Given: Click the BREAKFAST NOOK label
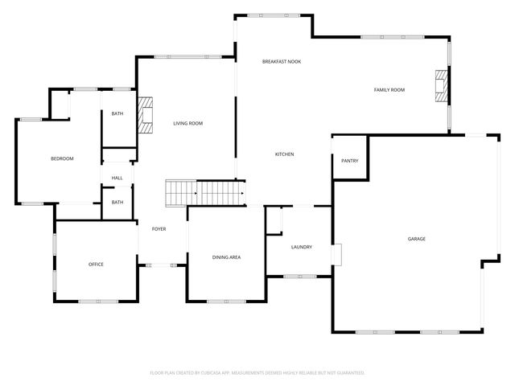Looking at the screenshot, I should click(281, 62).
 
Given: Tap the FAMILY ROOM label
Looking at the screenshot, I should click(389, 90).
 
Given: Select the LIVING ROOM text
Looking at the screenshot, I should click(187, 123).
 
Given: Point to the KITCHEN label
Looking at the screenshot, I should click(285, 154).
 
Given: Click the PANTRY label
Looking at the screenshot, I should click(349, 161).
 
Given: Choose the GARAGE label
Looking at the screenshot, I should click(416, 239).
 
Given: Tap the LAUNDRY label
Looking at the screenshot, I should click(301, 247).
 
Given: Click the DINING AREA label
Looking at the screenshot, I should click(226, 257).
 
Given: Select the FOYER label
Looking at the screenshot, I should click(159, 229).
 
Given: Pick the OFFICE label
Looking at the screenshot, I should click(96, 265).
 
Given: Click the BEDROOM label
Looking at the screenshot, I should click(62, 158).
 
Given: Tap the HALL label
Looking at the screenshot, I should click(117, 178).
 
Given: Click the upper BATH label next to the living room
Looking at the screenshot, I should click(117, 114).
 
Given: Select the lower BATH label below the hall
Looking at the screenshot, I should click(117, 203).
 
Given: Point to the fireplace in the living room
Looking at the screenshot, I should click(145, 115).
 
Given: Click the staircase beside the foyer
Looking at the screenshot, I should click(205, 193).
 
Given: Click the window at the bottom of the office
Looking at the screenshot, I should click(98, 302).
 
